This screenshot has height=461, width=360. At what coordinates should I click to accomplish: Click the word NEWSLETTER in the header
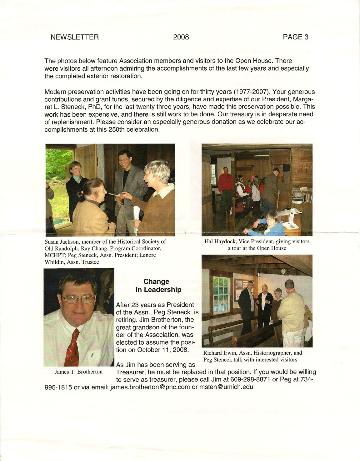click(74, 37)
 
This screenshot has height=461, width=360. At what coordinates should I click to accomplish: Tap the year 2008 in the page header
click(181, 37)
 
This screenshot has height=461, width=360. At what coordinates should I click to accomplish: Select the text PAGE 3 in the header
click(295, 37)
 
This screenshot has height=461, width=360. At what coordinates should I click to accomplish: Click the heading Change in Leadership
click(158, 286)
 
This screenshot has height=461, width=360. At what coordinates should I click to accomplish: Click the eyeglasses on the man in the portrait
click(78, 299)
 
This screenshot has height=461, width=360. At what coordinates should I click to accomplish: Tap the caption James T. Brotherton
click(78, 372)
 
